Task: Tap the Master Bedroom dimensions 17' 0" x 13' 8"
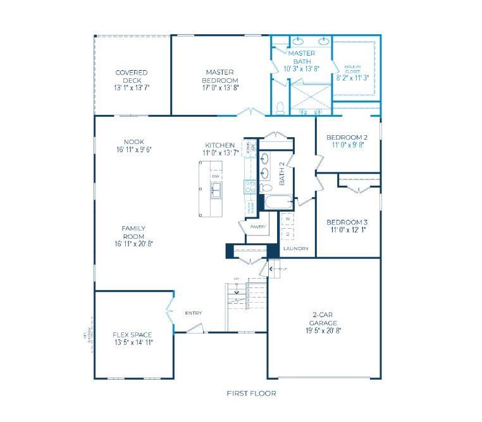[219, 88]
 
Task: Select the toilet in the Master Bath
[280, 108]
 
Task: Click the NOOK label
[134, 142]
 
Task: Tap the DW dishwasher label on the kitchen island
[216, 175]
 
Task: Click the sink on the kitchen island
[216, 189]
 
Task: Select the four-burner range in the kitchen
[250, 186]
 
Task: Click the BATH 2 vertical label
[283, 173]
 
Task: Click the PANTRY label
[257, 227]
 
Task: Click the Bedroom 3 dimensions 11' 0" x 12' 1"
[347, 231]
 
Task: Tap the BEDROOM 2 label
[347, 137]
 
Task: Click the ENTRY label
[193, 313]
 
